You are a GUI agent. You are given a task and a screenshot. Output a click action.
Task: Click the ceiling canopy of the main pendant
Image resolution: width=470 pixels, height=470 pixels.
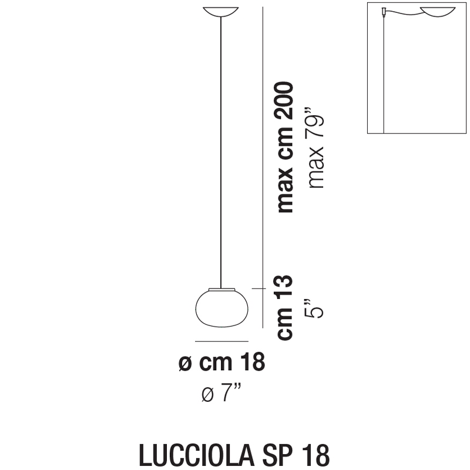pyautogui.click(x=221, y=11)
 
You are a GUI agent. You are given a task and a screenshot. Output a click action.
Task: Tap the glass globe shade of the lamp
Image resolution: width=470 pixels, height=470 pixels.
pyautogui.click(x=221, y=308)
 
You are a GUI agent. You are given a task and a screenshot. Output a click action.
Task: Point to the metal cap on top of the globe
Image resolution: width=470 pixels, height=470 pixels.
pyautogui.click(x=222, y=289)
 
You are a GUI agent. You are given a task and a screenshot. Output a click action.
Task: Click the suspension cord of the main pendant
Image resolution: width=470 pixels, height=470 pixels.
pyautogui.click(x=221, y=152)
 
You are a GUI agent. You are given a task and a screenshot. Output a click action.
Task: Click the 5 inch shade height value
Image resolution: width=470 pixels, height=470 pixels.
pyautogui.click(x=315, y=308)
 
